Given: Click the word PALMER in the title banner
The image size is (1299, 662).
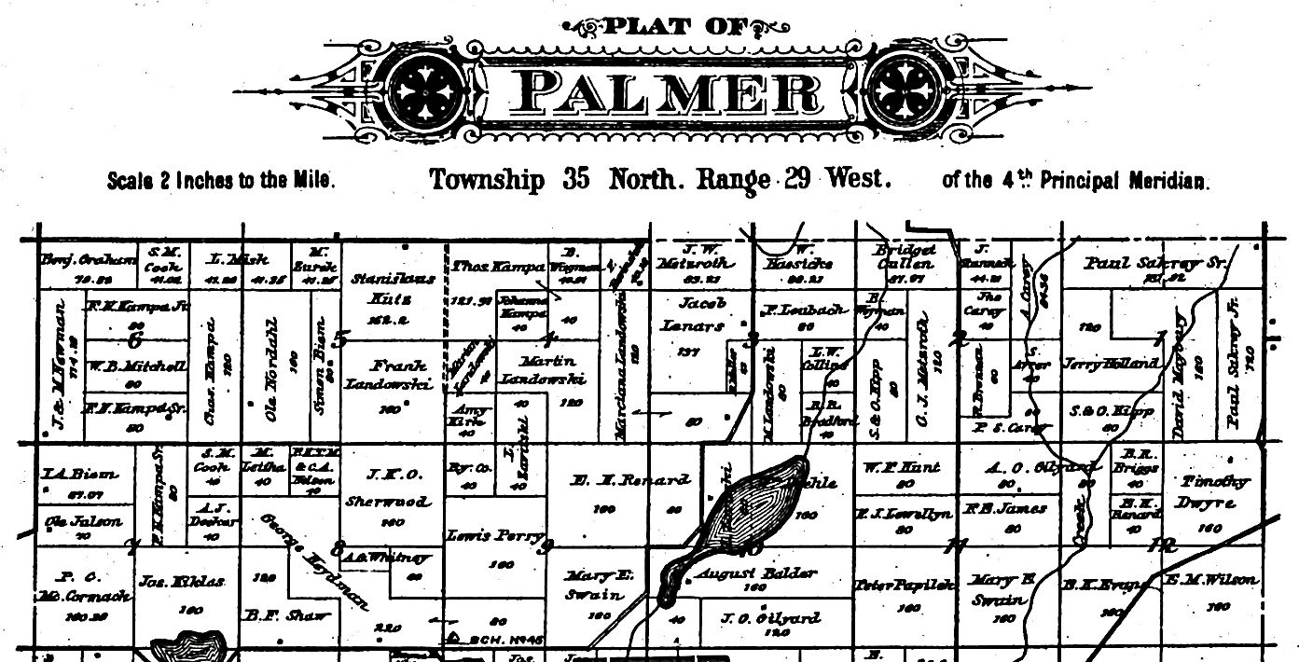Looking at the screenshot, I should click(668, 93).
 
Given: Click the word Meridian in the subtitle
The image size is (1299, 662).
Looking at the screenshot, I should click(1170, 180).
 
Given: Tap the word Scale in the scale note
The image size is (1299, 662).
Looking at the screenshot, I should click(130, 181).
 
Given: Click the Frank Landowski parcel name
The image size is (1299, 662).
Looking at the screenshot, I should click(386, 374).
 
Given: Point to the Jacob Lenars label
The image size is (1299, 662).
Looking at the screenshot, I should click(691, 313).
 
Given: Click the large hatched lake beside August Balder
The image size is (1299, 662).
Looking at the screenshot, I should click(742, 508).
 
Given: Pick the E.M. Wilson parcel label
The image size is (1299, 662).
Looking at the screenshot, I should click(1213, 580).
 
